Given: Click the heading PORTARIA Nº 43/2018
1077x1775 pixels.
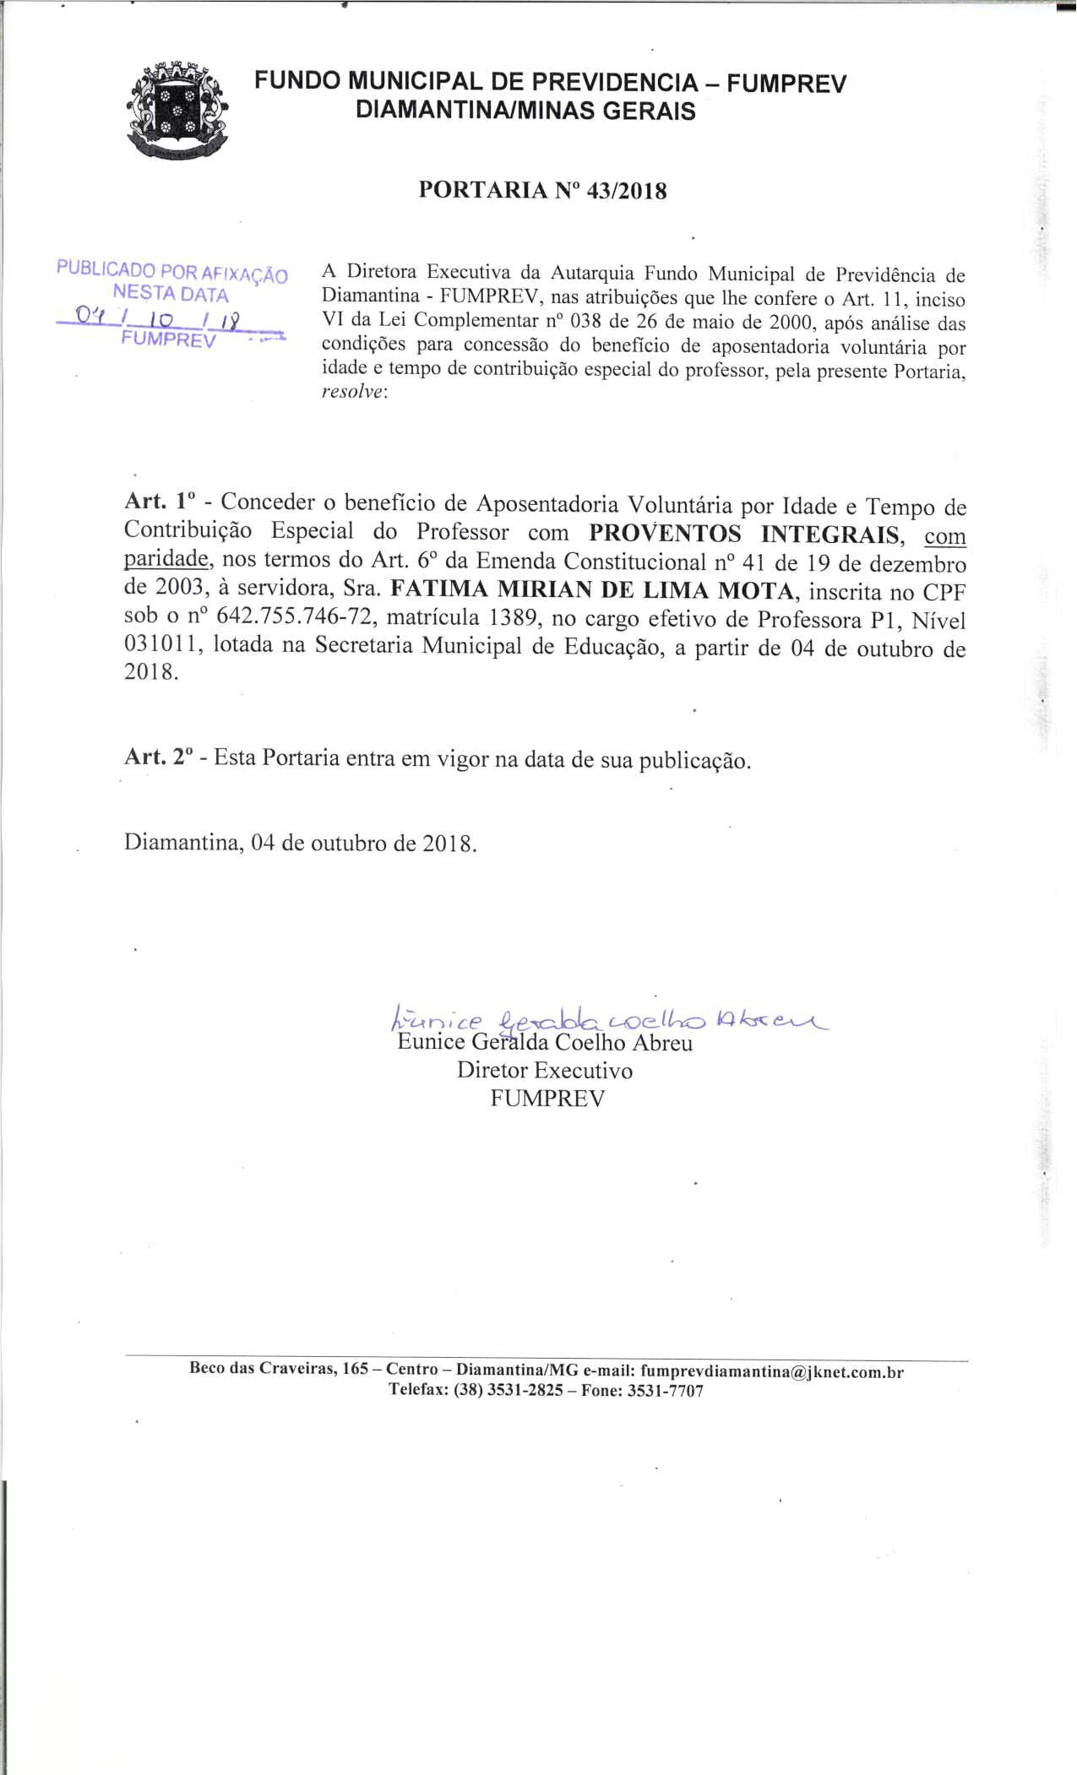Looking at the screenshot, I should tap(542, 191).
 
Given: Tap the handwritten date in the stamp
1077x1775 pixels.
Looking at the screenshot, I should tap(157, 319).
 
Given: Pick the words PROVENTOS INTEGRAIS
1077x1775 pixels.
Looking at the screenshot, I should tap(744, 535).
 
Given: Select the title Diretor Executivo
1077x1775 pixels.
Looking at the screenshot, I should tap(545, 1071).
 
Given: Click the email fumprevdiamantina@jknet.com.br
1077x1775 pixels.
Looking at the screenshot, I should tap(771, 1372).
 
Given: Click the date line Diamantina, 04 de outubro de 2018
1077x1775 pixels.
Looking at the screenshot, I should tap(301, 844).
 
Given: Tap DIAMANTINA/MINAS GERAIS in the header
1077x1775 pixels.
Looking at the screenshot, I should tap(526, 111).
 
